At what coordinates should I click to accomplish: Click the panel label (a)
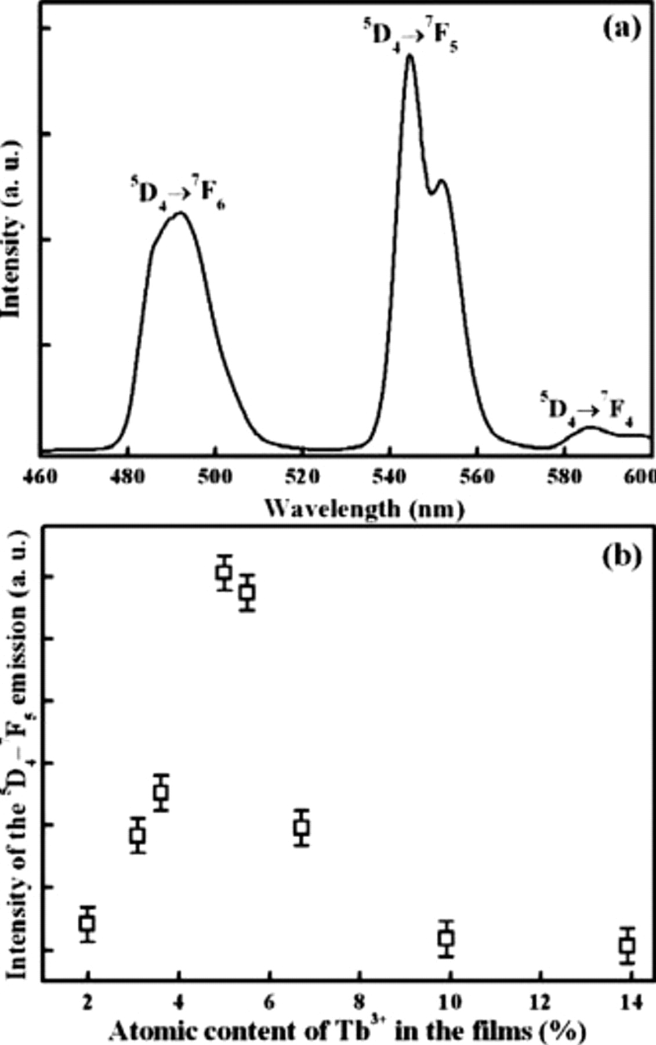pos(622,27)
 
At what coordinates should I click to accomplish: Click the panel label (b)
pos(622,556)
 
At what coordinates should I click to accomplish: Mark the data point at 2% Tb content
pos(88,924)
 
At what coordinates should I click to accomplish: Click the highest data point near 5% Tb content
pos(224,573)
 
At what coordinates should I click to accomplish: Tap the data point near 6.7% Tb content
pos(301,827)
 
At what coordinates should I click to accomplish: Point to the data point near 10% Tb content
pos(446,938)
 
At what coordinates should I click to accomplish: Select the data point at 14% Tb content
pos(627,946)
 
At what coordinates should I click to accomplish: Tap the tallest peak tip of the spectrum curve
pos(411,55)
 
